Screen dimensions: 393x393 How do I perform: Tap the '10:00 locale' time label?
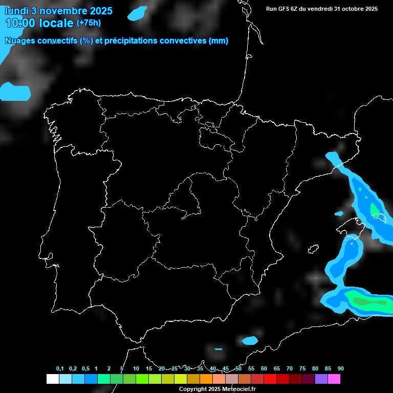click(40, 23)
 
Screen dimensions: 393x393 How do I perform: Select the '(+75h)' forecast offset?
click(89, 23)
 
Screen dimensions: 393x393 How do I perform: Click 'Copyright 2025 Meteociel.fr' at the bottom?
click(217, 389)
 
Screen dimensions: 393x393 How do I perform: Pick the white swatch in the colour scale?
click(52, 379)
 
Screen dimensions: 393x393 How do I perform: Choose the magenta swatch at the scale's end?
click(334, 379)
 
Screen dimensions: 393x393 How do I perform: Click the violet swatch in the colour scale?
click(321, 379)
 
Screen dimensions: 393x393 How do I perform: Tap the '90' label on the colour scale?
click(341, 369)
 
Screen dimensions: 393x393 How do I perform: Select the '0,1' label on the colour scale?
click(60, 369)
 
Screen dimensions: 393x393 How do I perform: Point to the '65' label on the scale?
click(277, 369)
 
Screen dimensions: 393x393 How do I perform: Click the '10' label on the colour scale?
click(136, 369)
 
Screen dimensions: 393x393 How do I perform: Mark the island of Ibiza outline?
click(313, 249)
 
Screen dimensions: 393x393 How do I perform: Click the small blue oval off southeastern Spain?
click(250, 340)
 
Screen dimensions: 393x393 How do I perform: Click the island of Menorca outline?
click(381, 218)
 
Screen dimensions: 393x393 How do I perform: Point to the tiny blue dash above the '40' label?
click(219, 350)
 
